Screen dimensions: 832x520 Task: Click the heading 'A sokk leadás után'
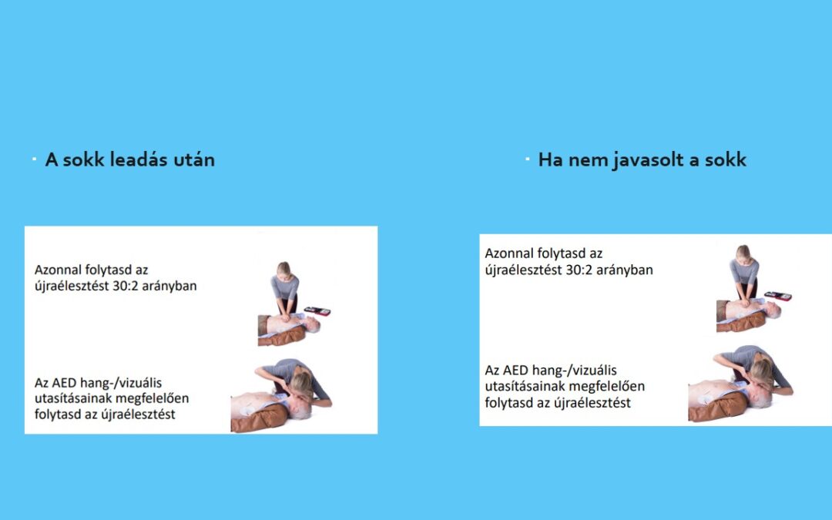tap(130, 159)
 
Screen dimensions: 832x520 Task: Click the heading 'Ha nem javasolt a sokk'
tap(642, 159)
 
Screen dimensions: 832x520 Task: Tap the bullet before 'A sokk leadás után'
tap(35, 159)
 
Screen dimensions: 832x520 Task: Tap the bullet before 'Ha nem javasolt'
tap(528, 159)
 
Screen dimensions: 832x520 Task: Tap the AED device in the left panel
tap(317, 311)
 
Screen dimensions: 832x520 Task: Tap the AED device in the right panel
tap(778, 296)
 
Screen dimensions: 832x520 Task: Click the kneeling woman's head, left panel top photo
tap(283, 269)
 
